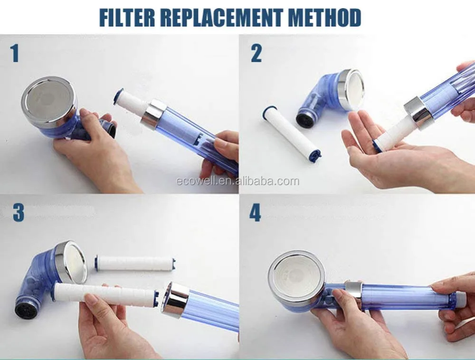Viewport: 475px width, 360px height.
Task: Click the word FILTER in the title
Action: (x=127, y=18)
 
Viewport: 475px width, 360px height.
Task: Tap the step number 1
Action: (x=15, y=53)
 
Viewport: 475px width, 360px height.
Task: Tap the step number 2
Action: (x=256, y=53)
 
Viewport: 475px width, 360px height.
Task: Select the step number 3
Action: (x=19, y=213)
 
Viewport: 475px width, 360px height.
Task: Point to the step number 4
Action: (x=255, y=213)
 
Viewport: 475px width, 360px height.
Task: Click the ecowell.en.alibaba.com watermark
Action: (x=237, y=181)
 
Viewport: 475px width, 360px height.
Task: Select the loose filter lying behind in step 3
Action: (x=136, y=264)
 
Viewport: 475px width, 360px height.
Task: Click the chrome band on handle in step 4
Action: (x=352, y=291)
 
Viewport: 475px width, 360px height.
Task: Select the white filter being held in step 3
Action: (x=106, y=293)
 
